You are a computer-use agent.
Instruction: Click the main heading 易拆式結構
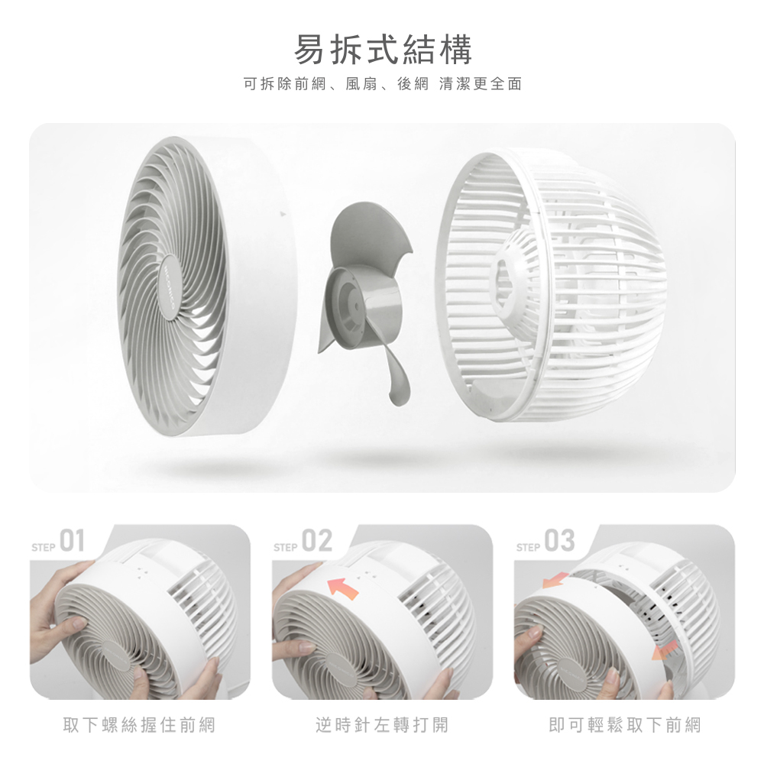point(383,50)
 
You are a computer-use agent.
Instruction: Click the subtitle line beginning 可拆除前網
point(383,84)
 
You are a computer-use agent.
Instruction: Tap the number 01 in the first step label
point(72,541)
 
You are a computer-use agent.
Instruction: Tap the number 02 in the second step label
point(317,541)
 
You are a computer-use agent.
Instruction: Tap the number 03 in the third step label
point(559,541)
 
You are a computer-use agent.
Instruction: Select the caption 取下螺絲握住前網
point(139,725)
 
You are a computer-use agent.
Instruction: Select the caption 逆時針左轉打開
point(382,725)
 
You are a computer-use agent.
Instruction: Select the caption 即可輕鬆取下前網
point(625,725)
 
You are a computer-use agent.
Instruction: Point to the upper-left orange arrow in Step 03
point(556,581)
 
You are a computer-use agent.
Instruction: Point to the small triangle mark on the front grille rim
point(282,214)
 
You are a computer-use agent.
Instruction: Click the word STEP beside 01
point(44,548)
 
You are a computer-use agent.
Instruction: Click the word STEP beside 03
point(528,548)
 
